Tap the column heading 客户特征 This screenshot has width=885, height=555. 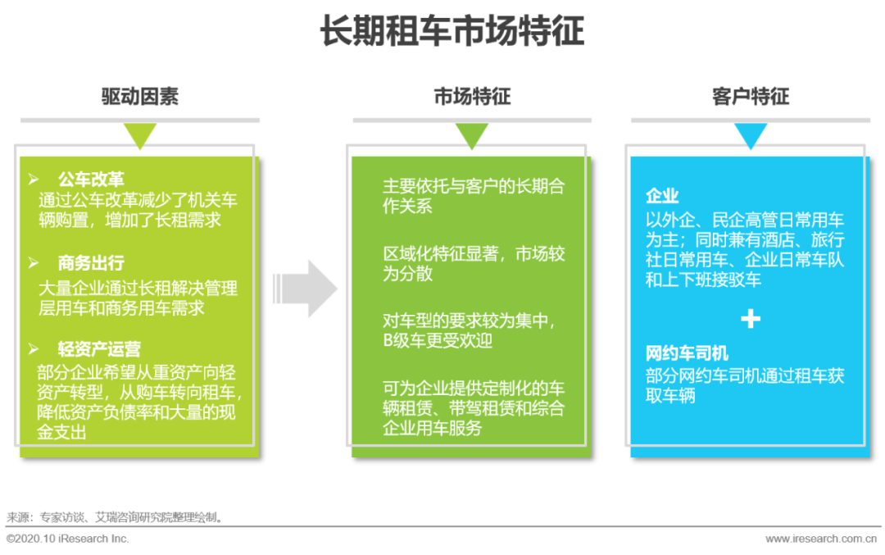click(x=750, y=97)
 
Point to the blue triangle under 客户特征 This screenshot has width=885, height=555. click(x=750, y=134)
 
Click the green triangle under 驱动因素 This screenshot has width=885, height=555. click(x=140, y=134)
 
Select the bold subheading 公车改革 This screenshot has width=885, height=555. click(x=91, y=179)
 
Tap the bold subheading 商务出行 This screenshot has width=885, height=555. click(x=91, y=263)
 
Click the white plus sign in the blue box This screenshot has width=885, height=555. click(x=750, y=319)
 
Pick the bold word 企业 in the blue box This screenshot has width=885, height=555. click(x=662, y=196)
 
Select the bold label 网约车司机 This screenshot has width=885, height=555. click(x=687, y=354)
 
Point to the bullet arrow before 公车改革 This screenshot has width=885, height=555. click(x=34, y=179)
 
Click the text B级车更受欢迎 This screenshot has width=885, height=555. click(x=438, y=340)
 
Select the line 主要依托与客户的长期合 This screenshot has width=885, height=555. click(x=473, y=186)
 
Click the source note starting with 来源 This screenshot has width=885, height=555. click(x=115, y=517)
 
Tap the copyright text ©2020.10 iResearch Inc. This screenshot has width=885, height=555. click(x=68, y=539)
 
